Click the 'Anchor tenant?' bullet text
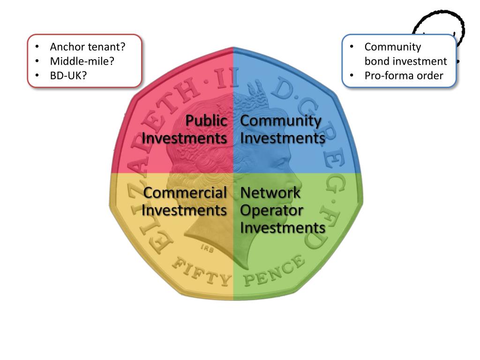click(x=88, y=47)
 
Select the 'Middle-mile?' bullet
click(x=82, y=61)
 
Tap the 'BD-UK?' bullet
click(x=68, y=75)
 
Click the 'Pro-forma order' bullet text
click(x=404, y=75)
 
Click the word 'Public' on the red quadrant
click(x=206, y=121)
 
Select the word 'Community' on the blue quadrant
click(x=281, y=121)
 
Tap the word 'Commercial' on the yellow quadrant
click(x=185, y=193)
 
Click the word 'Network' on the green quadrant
click(x=270, y=193)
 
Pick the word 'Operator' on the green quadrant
click(x=271, y=210)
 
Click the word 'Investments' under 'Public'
click(x=184, y=139)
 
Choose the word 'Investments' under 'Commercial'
click(x=184, y=210)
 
